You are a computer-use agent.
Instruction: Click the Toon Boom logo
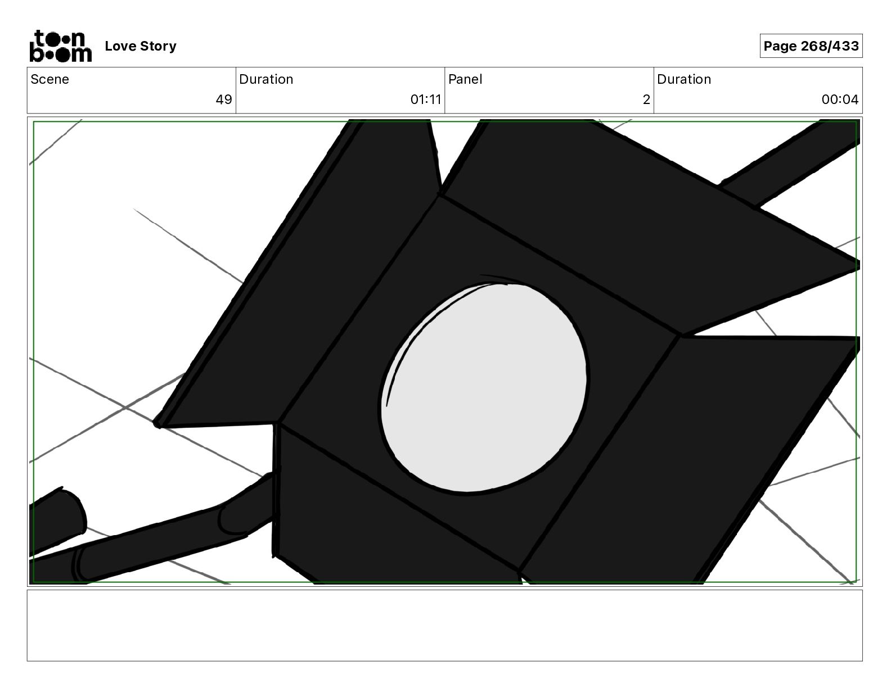click(x=61, y=46)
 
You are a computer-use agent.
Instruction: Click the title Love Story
click(x=141, y=46)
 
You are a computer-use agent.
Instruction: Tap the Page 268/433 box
click(x=811, y=46)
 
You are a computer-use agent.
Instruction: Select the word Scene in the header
click(x=49, y=79)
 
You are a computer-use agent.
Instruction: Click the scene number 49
click(x=224, y=99)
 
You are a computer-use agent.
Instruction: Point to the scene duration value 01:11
click(x=426, y=99)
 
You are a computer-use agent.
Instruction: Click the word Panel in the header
click(x=465, y=79)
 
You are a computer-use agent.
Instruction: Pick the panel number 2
click(x=646, y=99)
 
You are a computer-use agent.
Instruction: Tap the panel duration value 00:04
click(x=840, y=99)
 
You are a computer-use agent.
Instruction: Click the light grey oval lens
click(x=484, y=387)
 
